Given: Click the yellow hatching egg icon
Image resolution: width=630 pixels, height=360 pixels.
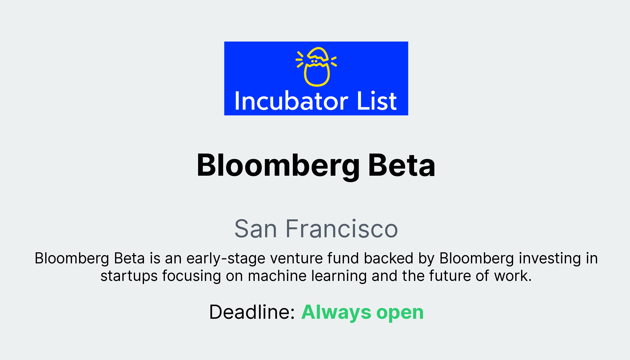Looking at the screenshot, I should (x=317, y=66).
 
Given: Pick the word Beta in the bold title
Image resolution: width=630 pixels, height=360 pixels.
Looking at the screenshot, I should (x=401, y=166).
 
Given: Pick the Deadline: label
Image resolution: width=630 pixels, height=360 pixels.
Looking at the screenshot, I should (x=252, y=312).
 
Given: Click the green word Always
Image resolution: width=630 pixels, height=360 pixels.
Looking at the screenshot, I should (x=336, y=312).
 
